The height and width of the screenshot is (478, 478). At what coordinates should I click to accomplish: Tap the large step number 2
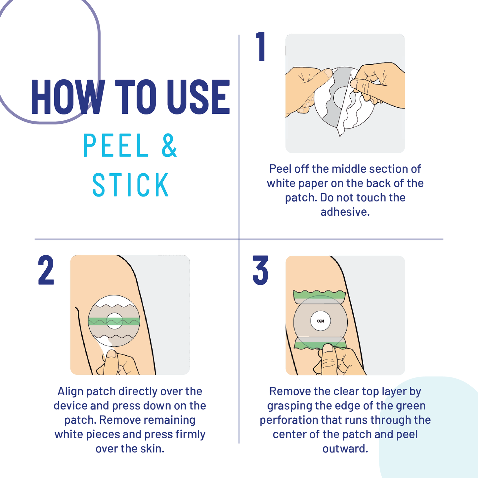[x=46, y=270]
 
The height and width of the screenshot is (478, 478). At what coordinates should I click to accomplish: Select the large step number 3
[x=260, y=270]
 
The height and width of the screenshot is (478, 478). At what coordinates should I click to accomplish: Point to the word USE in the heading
[x=198, y=97]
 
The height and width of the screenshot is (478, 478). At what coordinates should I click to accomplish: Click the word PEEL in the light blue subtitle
[x=116, y=145]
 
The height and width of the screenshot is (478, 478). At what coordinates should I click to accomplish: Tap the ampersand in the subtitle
[x=169, y=145]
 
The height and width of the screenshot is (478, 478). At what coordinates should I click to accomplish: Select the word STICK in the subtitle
[x=130, y=185]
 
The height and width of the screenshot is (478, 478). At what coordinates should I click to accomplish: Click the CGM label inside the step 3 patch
[x=321, y=321]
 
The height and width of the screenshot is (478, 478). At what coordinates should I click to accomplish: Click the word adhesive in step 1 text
[x=345, y=212]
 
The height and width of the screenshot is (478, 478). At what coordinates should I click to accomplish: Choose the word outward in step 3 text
[x=345, y=449]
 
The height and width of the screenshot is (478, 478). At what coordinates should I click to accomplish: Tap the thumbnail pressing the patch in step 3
[x=328, y=348]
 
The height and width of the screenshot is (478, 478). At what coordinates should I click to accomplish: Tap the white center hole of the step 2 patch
[x=114, y=321]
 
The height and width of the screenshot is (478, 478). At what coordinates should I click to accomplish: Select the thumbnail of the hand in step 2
[x=111, y=354]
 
